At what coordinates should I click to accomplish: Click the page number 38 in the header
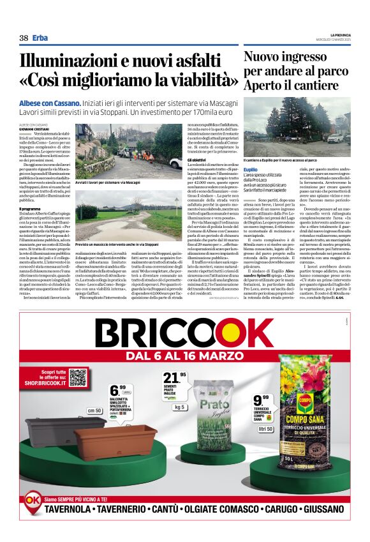coord(24,38)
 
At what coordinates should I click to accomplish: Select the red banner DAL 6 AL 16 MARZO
coord(185,355)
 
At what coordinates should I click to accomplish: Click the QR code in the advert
coord(78,377)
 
